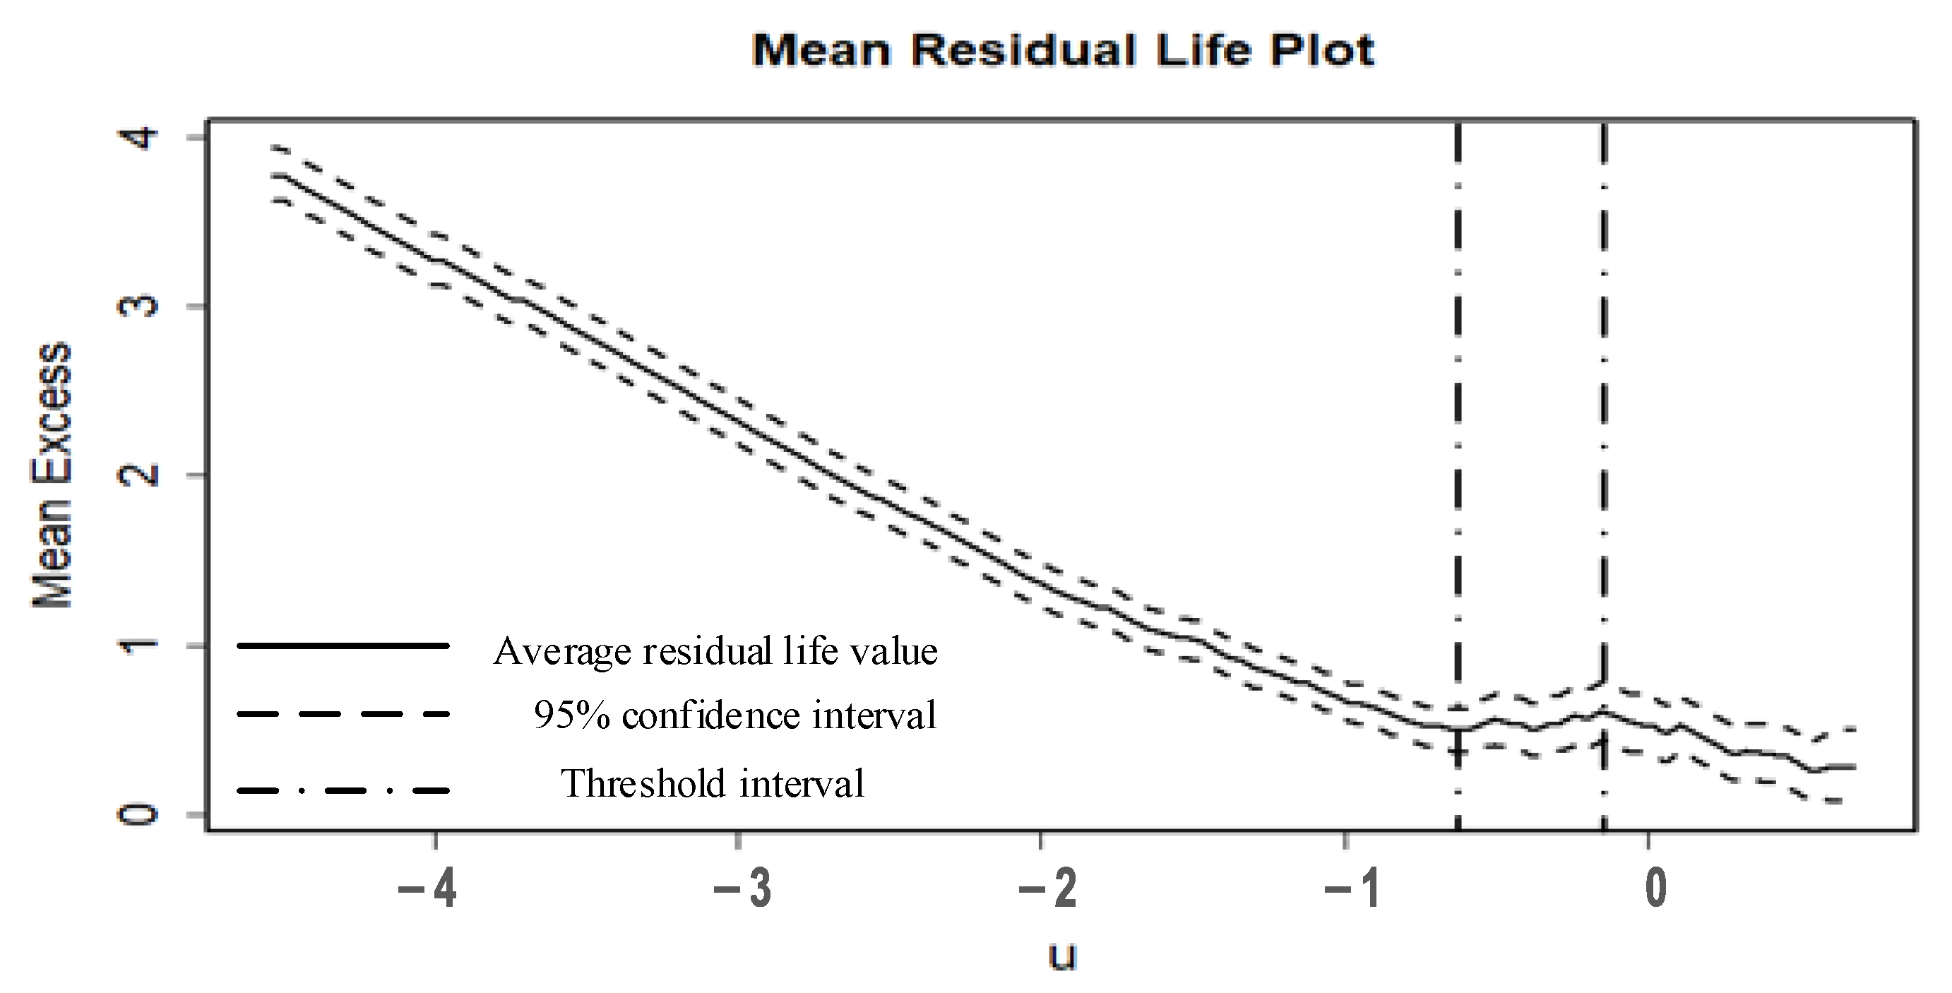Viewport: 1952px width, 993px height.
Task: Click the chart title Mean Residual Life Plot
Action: pyautogui.click(x=1062, y=51)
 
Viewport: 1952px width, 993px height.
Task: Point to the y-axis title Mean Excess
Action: pyautogui.click(x=52, y=475)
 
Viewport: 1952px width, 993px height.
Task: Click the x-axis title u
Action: pyautogui.click(x=1062, y=955)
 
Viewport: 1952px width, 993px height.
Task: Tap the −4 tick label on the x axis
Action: pyautogui.click(x=428, y=888)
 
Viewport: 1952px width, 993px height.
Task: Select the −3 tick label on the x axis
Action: pyautogui.click(x=743, y=888)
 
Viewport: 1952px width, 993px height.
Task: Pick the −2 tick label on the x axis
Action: pyautogui.click(x=1048, y=888)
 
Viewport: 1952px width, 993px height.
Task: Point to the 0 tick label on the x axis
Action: pyautogui.click(x=1657, y=888)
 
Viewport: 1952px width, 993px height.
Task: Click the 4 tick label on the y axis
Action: pyautogui.click(x=138, y=138)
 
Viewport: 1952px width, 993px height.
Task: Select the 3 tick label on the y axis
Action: pyautogui.click(x=138, y=307)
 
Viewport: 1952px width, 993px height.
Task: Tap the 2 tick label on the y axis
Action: pyautogui.click(x=138, y=475)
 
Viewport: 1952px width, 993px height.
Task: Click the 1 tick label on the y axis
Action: pyautogui.click(x=138, y=645)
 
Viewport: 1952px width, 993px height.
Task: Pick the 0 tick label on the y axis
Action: pyautogui.click(x=138, y=815)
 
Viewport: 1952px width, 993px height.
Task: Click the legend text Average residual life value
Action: pyautogui.click(x=715, y=650)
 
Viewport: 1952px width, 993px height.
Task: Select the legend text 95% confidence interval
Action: pyautogui.click(x=735, y=715)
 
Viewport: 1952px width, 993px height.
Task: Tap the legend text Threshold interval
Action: pyautogui.click(x=713, y=784)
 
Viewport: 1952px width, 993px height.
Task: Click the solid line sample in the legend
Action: pyautogui.click(x=343, y=646)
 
